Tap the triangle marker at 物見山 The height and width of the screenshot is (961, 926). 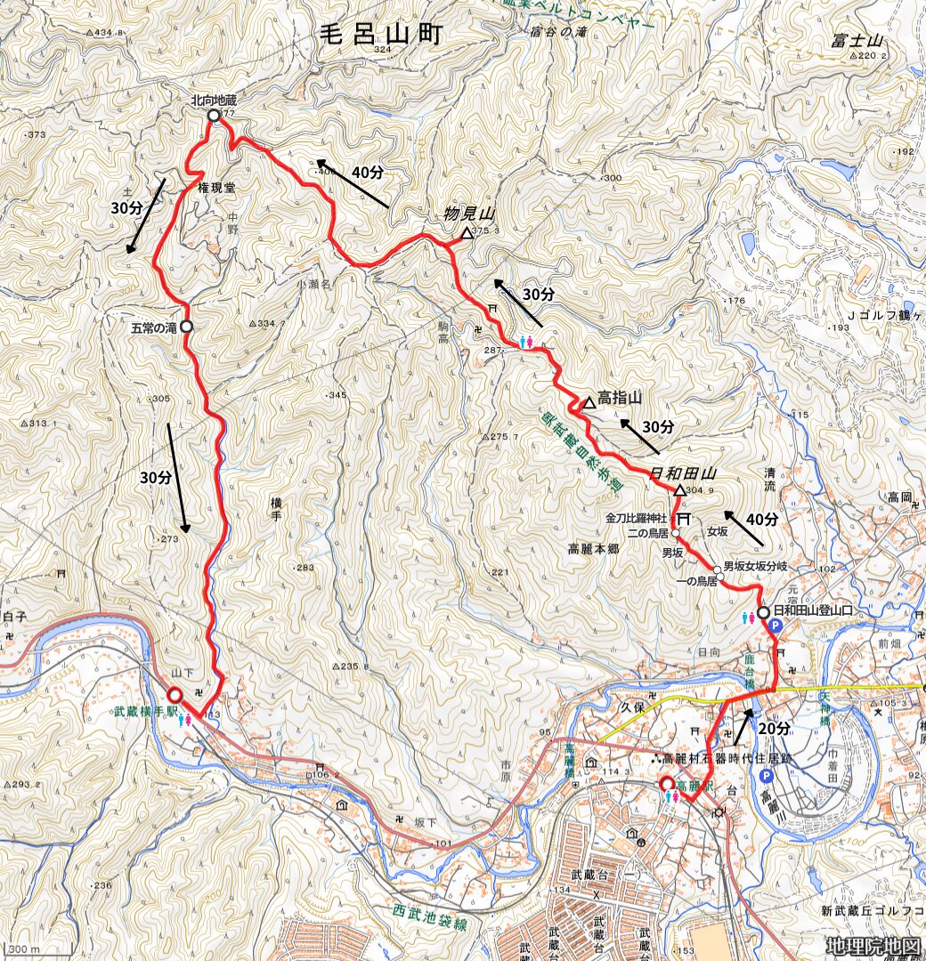[x=467, y=234]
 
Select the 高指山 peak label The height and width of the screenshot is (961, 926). [x=620, y=398]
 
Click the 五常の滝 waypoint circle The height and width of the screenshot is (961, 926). [x=186, y=327]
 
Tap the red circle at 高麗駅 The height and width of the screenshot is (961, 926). [x=666, y=784]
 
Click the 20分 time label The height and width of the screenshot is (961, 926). [x=774, y=728]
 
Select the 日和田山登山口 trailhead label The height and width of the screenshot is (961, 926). [x=814, y=611]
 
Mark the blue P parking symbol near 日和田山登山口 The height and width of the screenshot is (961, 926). [x=774, y=626]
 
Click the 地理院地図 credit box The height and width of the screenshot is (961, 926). [x=872, y=946]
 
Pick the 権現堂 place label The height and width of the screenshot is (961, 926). [x=216, y=189]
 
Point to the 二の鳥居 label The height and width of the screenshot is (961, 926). [x=647, y=532]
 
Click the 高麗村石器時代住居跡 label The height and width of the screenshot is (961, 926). [x=725, y=759]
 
